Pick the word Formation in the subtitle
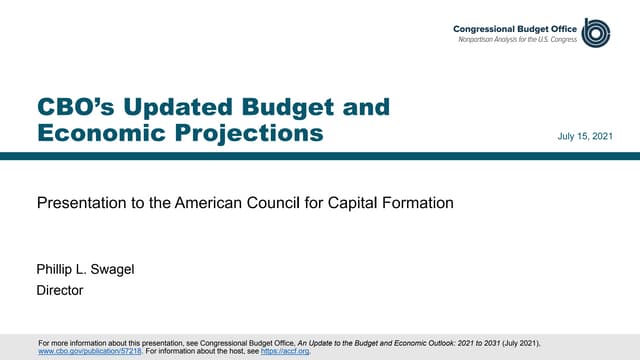416,203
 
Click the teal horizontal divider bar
320,155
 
